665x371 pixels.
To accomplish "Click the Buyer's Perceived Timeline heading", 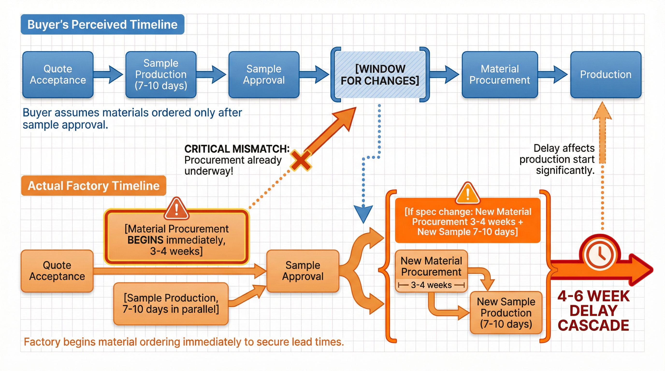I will tap(102, 24).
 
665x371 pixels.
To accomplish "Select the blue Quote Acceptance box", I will tap(58, 75).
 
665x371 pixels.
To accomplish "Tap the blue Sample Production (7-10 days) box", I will tap(161, 75).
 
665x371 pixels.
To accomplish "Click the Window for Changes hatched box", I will tap(380, 75).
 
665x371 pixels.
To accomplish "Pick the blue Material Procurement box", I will tap(499, 75).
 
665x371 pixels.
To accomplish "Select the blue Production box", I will tap(606, 75).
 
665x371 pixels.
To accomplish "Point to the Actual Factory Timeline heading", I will tap(94, 186).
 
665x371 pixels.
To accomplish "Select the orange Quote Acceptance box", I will tap(57, 271).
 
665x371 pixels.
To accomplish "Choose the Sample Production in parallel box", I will tap(171, 304).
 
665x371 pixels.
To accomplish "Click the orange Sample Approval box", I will tap(303, 271).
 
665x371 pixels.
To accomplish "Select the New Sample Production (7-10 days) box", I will tap(506, 313).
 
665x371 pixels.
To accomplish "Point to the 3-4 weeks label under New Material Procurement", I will tap(431, 285).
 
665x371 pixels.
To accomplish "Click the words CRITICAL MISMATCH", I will tap(237, 149).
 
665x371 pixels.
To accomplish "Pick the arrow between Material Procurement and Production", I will tap(553, 75).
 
